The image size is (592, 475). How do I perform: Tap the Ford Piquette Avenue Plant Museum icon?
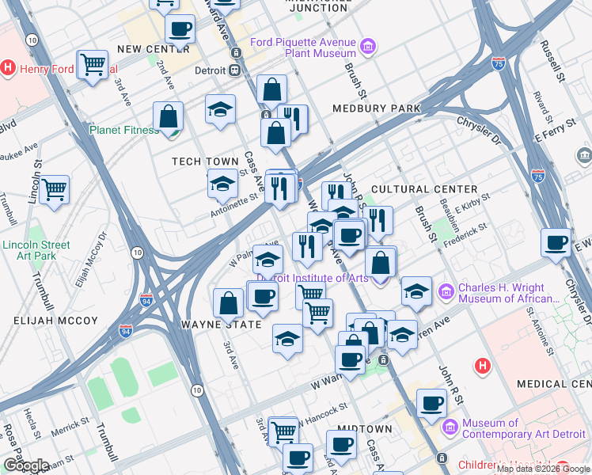tap(367, 47)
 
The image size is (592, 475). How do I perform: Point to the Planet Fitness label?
tap(124, 130)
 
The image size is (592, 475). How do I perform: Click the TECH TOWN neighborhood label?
tap(206, 161)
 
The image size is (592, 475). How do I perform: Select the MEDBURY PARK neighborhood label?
tap(376, 108)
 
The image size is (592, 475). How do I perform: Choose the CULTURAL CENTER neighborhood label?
tap(424, 189)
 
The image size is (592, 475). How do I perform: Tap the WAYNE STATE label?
tap(221, 325)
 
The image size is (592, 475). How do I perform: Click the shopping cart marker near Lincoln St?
tap(55, 188)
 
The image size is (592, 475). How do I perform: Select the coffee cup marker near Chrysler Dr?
tap(557, 241)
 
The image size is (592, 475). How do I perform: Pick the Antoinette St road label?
tap(235, 205)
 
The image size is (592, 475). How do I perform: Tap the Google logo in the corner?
tap(25, 465)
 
